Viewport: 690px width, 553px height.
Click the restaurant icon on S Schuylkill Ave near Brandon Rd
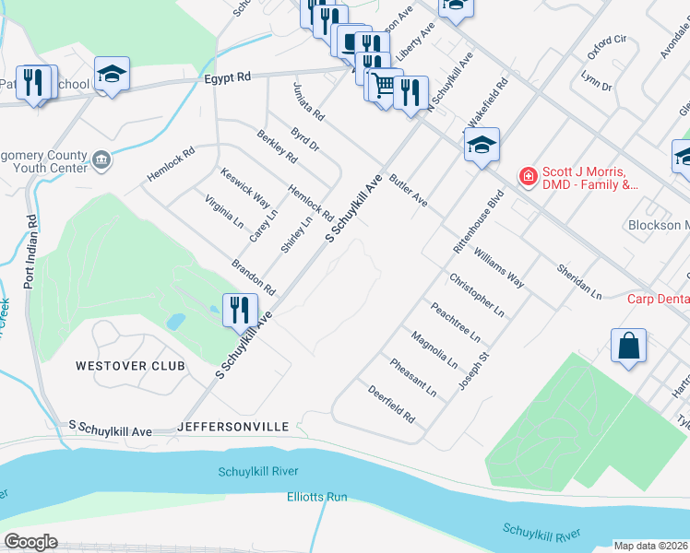click(x=240, y=310)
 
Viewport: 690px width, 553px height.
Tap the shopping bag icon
click(x=628, y=347)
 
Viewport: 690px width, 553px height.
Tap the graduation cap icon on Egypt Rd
click(x=112, y=75)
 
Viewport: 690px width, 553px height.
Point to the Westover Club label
click(x=130, y=366)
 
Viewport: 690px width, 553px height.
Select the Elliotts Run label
click(x=316, y=497)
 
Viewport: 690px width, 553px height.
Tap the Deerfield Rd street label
click(x=391, y=405)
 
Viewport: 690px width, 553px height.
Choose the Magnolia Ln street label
click(x=434, y=349)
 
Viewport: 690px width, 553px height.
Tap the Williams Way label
click(x=498, y=267)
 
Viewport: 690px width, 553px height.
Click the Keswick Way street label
click(x=244, y=188)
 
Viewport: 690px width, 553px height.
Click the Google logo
click(x=31, y=542)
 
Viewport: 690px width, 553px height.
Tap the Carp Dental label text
click(x=659, y=299)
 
